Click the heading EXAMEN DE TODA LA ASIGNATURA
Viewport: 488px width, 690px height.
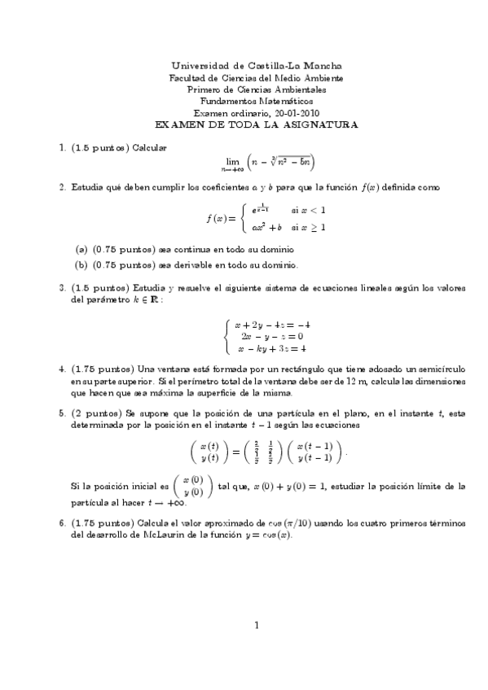[257, 125]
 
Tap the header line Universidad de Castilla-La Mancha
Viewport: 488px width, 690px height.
[257, 66]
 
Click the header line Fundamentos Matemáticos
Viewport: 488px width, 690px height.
[257, 102]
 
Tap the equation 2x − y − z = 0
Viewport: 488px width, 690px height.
[268, 336]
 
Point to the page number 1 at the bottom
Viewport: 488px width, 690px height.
[257, 649]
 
